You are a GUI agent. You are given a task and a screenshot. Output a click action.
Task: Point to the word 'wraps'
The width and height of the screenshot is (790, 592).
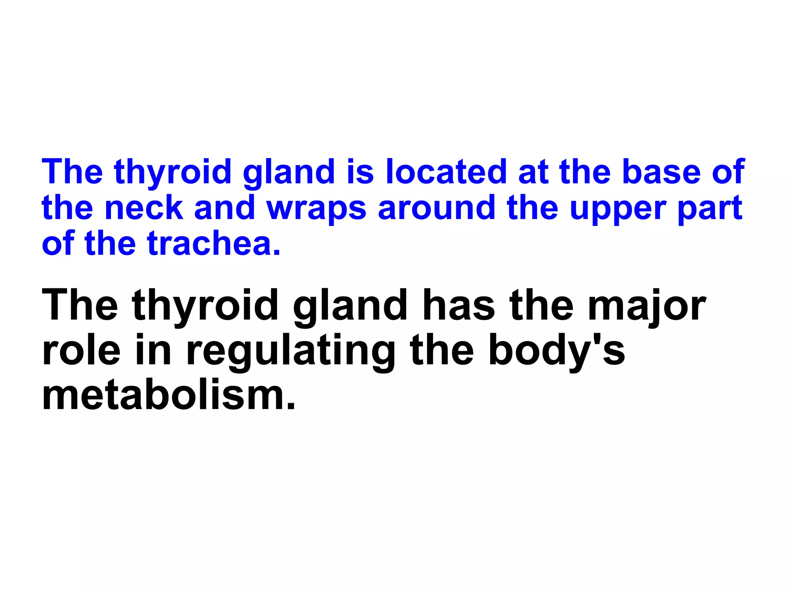(x=316, y=209)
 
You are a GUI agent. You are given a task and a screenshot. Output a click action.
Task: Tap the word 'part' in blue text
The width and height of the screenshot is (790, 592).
(x=710, y=209)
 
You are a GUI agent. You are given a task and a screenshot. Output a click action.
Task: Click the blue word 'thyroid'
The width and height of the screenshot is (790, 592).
(x=172, y=172)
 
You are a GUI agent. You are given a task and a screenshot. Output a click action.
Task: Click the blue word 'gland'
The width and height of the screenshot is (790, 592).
(x=289, y=172)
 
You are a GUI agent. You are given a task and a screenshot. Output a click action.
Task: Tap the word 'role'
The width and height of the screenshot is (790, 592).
(x=81, y=351)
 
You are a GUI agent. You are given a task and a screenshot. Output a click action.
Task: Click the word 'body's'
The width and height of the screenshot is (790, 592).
(x=557, y=351)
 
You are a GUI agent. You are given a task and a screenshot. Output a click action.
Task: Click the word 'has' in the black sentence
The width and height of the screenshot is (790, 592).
(x=459, y=306)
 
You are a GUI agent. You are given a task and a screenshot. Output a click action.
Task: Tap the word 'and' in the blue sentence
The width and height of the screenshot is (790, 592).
(x=225, y=208)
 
